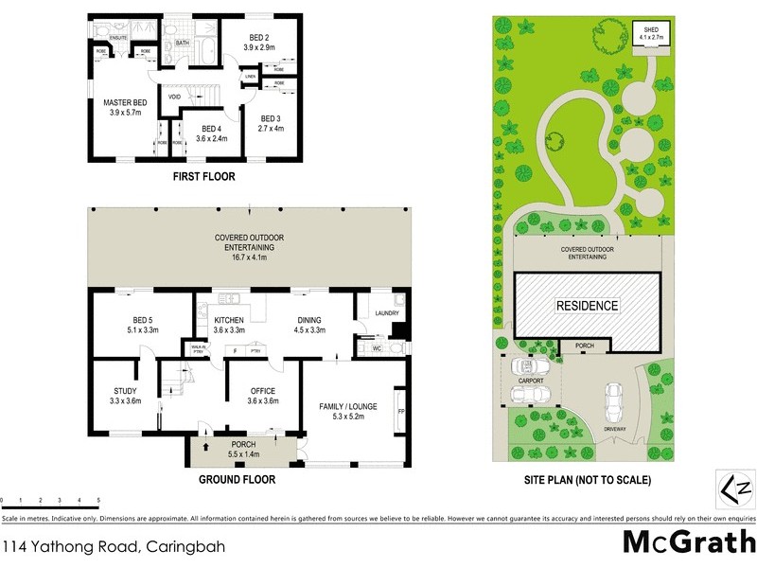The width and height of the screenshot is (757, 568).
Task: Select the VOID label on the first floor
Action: pyautogui.click(x=175, y=97)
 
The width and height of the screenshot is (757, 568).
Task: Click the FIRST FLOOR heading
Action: pyautogui.click(x=203, y=176)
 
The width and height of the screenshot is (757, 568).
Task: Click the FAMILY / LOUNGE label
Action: pyautogui.click(x=348, y=407)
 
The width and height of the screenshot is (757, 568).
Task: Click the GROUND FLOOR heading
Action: pyautogui.click(x=237, y=480)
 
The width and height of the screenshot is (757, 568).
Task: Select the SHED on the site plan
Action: pyautogui.click(x=651, y=36)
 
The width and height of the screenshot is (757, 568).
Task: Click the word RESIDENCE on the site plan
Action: pyautogui.click(x=586, y=306)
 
